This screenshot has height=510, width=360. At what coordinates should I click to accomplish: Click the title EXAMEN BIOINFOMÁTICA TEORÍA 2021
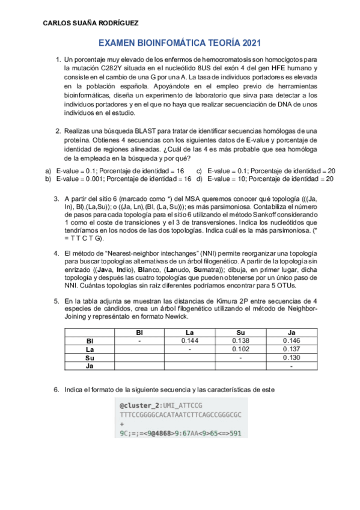[179, 44]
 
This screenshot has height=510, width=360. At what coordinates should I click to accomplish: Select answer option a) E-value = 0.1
[115, 171]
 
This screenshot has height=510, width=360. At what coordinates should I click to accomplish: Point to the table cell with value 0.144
[189, 340]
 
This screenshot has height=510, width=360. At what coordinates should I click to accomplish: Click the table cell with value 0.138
[240, 340]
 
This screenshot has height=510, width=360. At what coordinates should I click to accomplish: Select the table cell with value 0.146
[291, 340]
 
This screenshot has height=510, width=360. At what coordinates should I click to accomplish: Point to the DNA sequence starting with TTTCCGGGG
[180, 415]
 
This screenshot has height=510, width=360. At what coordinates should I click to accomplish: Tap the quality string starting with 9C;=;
[180, 432]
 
